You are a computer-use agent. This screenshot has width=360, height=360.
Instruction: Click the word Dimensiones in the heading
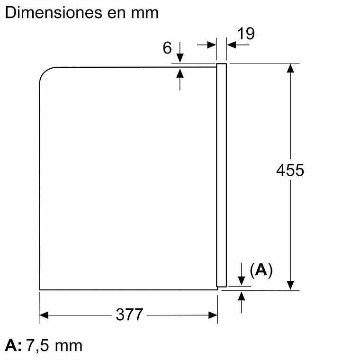pyautogui.click(x=54, y=12)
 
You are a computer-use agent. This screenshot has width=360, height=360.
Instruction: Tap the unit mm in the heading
pyautogui.click(x=144, y=14)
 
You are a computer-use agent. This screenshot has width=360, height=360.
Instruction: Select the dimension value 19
pyautogui.click(x=246, y=34)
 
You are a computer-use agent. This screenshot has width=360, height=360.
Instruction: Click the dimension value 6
pyautogui.click(x=167, y=48)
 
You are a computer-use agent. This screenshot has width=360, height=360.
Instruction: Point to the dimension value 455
pyautogui.click(x=290, y=170)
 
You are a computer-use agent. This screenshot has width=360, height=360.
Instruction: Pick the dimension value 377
pyautogui.click(x=129, y=315)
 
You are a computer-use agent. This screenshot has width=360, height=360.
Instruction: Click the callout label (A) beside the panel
pyautogui.click(x=261, y=270)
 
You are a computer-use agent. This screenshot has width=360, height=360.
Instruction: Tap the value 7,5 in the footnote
pyautogui.click(x=37, y=345)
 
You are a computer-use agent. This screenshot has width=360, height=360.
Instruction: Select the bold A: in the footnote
pyautogui.click(x=13, y=345)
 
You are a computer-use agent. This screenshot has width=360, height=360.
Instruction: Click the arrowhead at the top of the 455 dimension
pyautogui.click(x=290, y=68)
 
